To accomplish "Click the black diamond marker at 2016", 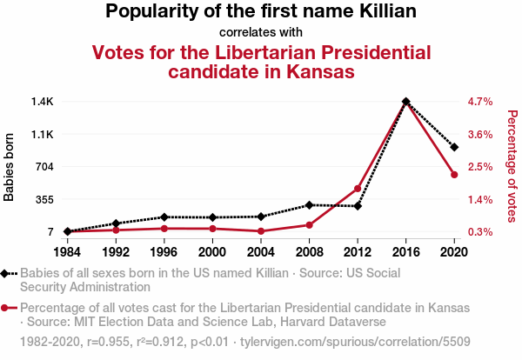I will [x=406, y=102].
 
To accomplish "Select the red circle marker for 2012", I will [x=358, y=189].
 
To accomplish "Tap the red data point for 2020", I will [x=454, y=175].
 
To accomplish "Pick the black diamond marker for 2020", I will [x=454, y=147].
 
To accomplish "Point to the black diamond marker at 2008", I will [x=309, y=205].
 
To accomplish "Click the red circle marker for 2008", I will [x=309, y=225].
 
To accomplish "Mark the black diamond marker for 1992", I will [x=116, y=223].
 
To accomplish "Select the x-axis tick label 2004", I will [x=260, y=252].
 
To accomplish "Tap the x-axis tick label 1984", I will [x=67, y=252].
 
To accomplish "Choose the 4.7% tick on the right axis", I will [x=480, y=102].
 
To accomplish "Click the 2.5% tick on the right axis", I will [x=480, y=167].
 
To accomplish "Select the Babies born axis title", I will [x=10, y=167].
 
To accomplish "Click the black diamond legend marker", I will [x=6, y=273].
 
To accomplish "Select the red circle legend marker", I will [x=6, y=308].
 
